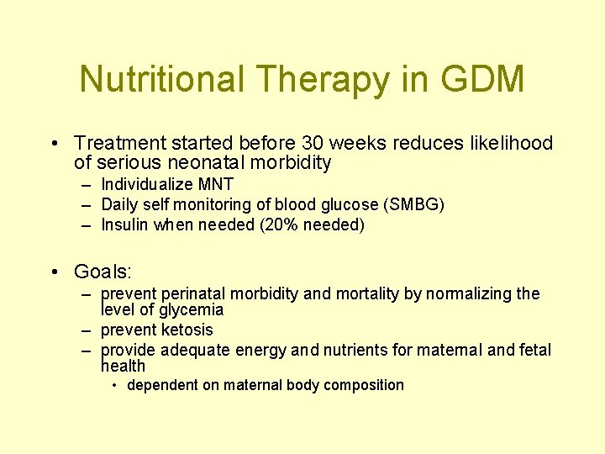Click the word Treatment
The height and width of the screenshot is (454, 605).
pos(118,144)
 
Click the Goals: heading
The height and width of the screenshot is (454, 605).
pos(103,272)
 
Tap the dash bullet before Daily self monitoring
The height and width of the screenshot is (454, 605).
pos(87,204)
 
